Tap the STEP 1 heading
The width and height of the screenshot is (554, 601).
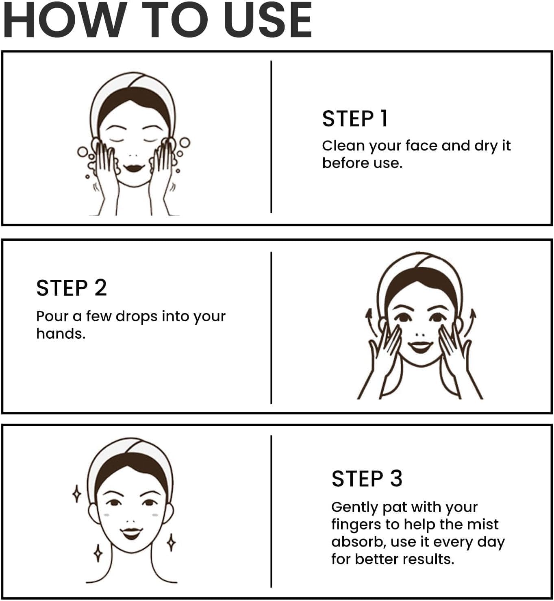point(354,119)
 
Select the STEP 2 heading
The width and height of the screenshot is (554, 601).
point(72,288)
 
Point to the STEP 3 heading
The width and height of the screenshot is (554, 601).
point(367,479)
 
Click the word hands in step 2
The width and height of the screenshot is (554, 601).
point(61,334)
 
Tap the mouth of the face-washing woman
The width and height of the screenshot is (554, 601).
point(133,167)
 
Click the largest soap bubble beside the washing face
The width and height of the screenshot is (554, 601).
point(185,143)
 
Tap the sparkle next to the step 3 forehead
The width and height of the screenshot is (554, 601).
point(77,494)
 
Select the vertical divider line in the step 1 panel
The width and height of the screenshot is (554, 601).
point(271,137)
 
